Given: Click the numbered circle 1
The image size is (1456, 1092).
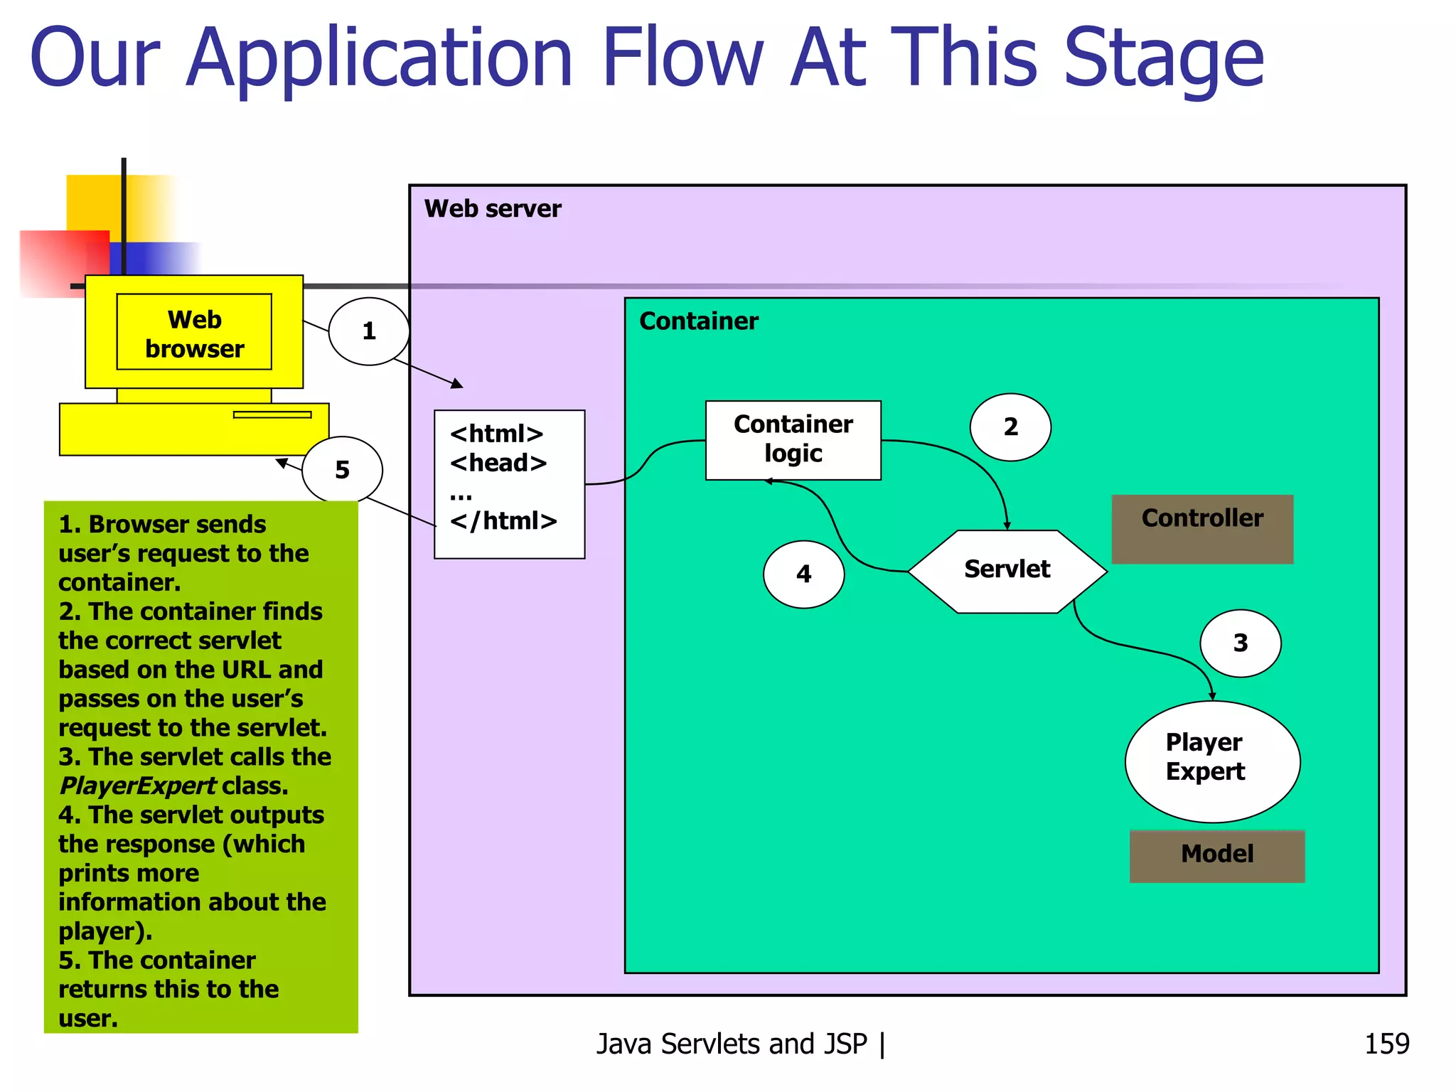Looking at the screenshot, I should point(368,331).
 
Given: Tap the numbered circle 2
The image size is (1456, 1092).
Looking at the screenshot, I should point(1010,427).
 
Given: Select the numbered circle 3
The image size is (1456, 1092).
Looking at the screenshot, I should point(1240,643).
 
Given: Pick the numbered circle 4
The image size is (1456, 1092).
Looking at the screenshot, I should point(803,574).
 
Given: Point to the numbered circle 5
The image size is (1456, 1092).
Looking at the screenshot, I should point(342,470).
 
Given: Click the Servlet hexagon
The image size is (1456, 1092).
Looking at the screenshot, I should point(1007,570).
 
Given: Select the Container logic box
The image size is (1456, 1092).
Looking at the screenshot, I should point(793,439).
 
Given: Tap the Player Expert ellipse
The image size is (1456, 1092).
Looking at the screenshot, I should point(1212,761).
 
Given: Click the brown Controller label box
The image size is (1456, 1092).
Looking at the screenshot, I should point(1202,528).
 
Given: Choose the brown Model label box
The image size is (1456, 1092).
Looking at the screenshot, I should point(1216,855).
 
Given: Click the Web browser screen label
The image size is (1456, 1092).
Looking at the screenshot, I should point(194,333).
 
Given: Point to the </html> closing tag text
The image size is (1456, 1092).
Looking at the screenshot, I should point(503,521).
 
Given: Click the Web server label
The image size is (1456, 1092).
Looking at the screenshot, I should point(492,209).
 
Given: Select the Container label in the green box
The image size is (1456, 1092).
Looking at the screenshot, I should point(698,321).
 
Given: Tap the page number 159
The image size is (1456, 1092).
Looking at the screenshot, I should point(1386,1044).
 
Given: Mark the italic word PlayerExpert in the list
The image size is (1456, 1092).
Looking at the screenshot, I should point(137,786).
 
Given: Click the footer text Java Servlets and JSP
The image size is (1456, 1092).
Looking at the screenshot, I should point(732,1044).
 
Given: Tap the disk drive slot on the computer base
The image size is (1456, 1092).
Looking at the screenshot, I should point(272,414).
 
